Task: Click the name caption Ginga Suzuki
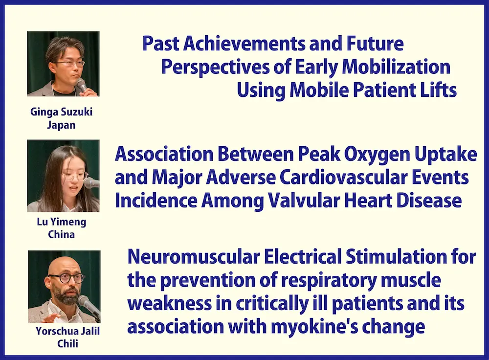(x=62, y=112)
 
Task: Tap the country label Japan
(x=62, y=125)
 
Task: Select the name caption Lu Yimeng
(x=62, y=222)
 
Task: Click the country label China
(x=62, y=234)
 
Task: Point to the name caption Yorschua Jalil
(x=67, y=331)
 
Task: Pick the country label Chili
(x=67, y=344)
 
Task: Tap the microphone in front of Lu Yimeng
(x=92, y=182)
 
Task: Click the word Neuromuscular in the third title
(x=194, y=257)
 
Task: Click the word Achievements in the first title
(x=244, y=44)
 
